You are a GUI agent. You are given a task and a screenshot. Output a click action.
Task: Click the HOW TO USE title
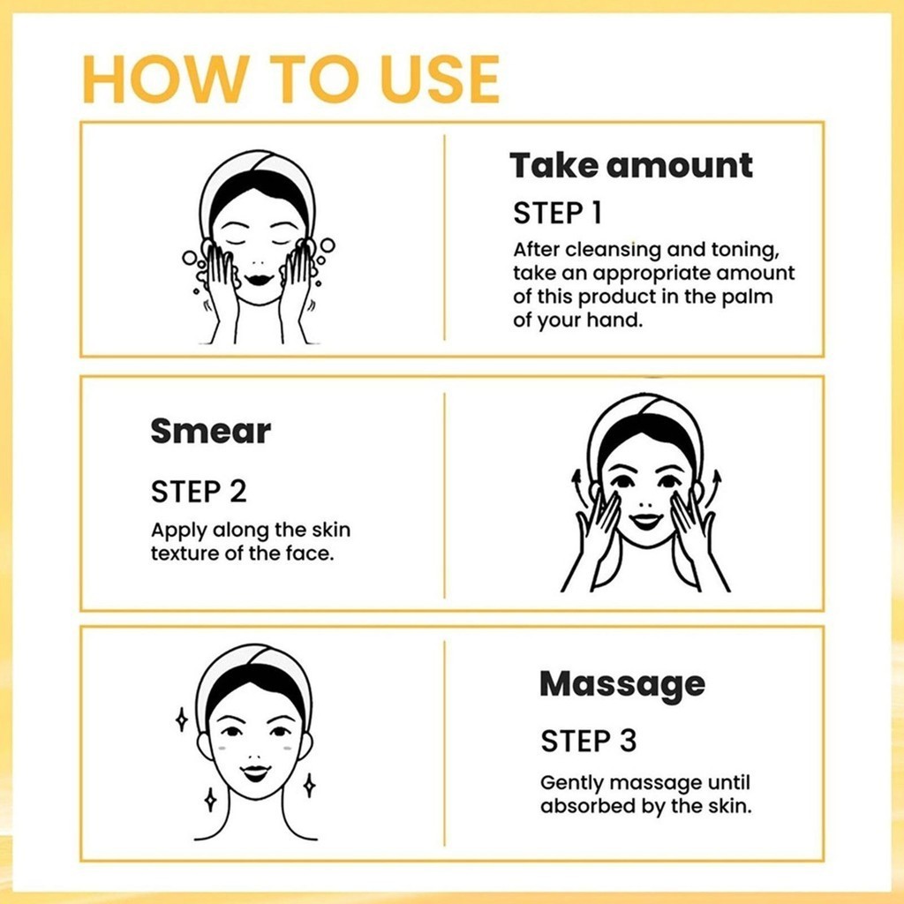coord(290,79)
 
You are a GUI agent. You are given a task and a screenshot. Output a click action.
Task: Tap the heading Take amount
coord(630,165)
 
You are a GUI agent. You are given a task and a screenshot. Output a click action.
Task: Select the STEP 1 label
coord(557,213)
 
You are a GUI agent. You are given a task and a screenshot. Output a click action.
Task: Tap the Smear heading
coord(210,431)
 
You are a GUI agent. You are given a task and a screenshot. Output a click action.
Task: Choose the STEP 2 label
coord(199,492)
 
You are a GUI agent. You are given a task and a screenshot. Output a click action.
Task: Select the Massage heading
coord(622,685)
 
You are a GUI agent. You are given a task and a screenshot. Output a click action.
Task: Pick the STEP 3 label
coord(588,741)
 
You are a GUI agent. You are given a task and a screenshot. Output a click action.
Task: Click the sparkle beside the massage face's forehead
coord(181,720)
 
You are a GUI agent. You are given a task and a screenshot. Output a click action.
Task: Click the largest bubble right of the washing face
coord(328,245)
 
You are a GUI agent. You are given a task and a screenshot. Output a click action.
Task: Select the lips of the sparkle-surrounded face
coord(255,772)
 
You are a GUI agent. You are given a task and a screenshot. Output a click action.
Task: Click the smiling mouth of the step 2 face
coord(645,520)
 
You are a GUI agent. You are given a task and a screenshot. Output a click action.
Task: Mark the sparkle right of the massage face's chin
coord(310,785)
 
